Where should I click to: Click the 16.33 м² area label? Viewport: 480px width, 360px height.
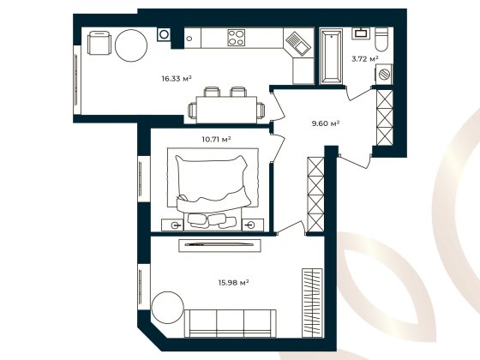176,78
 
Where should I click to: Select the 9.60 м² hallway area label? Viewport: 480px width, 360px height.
326,123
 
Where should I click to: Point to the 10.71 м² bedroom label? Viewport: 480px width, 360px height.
216,137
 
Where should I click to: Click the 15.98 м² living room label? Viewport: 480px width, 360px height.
232,282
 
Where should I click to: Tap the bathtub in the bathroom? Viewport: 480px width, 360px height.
330,57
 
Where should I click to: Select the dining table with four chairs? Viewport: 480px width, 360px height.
225,106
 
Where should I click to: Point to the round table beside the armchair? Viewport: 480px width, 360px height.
132,45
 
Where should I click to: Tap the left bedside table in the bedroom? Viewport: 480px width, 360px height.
176,224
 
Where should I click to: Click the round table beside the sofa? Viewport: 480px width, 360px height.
167,308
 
